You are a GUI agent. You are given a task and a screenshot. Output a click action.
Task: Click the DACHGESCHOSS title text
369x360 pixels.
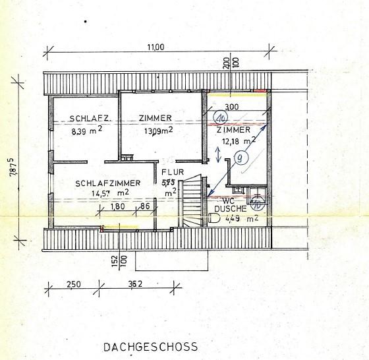click(x=150, y=345)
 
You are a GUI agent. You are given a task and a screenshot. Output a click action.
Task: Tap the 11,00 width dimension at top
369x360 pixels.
click(x=156, y=47)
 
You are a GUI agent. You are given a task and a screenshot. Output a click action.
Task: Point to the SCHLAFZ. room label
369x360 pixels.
click(x=88, y=119)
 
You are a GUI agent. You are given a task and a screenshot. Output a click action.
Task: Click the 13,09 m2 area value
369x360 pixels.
click(x=157, y=131)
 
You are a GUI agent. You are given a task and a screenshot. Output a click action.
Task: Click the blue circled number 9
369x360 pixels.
click(x=241, y=158)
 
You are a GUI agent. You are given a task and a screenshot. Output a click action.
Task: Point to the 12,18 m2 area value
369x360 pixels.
click(x=236, y=140)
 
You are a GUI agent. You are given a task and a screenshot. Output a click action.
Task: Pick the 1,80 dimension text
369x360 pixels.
click(x=117, y=206)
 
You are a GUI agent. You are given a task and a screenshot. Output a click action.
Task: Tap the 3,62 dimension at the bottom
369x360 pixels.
click(x=136, y=284)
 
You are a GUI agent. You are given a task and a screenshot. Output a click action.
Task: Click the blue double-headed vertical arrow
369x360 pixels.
click(x=219, y=154)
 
